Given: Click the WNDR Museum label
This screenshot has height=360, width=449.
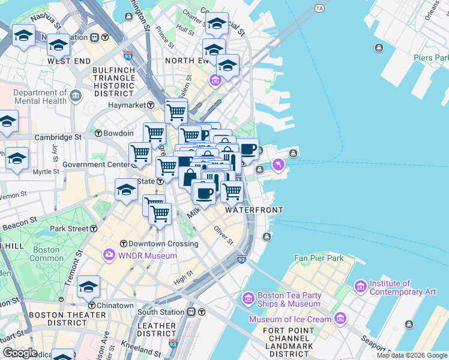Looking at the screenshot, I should (x=147, y=256).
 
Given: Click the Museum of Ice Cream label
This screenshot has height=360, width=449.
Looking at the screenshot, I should (x=291, y=319).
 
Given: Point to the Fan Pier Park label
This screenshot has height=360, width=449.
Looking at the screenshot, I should (x=318, y=258).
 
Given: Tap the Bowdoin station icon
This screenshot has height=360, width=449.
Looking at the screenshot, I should (x=98, y=133).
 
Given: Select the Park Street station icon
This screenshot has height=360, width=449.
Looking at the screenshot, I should (x=94, y=229).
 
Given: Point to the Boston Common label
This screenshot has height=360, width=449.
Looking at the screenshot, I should (x=47, y=254).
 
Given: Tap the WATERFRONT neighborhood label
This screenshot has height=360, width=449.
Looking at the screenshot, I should (x=254, y=210).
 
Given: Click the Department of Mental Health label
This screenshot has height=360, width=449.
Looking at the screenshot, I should (x=40, y=97).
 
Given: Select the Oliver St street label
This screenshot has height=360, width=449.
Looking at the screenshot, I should (x=223, y=235).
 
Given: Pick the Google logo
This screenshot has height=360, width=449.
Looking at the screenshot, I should (x=19, y=352).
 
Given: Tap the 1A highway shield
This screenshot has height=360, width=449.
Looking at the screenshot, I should (x=319, y=8).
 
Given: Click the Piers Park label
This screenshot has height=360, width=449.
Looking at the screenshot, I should (x=431, y=58).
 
